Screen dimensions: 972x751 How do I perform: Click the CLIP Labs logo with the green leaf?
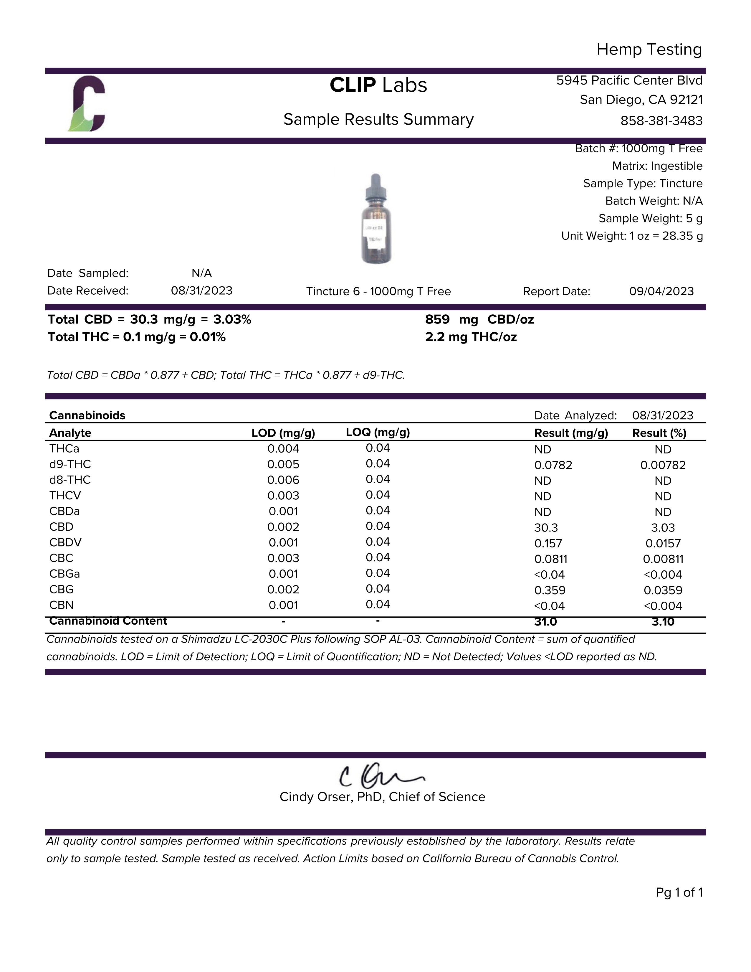pyautogui.click(x=87, y=104)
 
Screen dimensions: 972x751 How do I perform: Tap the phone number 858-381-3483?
pyautogui.click(x=661, y=121)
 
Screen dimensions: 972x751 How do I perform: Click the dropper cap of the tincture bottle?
pyautogui.click(x=376, y=187)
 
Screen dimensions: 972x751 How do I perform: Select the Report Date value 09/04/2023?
pyautogui.click(x=661, y=291)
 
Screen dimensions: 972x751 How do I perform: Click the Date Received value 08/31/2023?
pyautogui.click(x=201, y=291)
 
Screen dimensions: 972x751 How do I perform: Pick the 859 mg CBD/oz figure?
pyautogui.click(x=479, y=320)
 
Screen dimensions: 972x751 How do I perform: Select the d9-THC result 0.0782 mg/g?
pyautogui.click(x=553, y=465)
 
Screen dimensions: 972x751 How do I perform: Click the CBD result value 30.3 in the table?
pyautogui.click(x=546, y=527)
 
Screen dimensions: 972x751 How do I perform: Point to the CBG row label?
pyautogui.click(x=61, y=589)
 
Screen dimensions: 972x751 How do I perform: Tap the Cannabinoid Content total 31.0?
pyautogui.click(x=545, y=622)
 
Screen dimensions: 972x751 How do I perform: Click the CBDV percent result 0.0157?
pyautogui.click(x=663, y=543)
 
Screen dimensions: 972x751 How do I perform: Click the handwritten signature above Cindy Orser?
pyautogui.click(x=381, y=776)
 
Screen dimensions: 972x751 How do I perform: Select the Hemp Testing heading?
pyautogui.click(x=649, y=49)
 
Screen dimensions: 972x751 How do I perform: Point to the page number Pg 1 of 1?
pyautogui.click(x=679, y=892)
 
